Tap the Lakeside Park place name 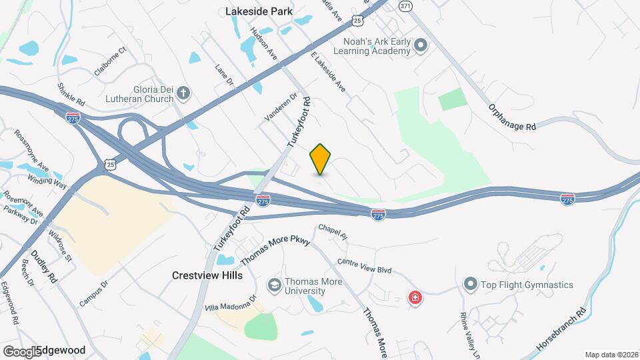252,11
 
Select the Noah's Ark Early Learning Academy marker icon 420,45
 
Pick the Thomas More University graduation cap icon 273,286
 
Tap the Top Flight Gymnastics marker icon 470,285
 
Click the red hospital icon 415,297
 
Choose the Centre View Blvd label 364,266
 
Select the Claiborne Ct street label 110,61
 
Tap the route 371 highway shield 405,5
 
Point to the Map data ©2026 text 610,355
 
